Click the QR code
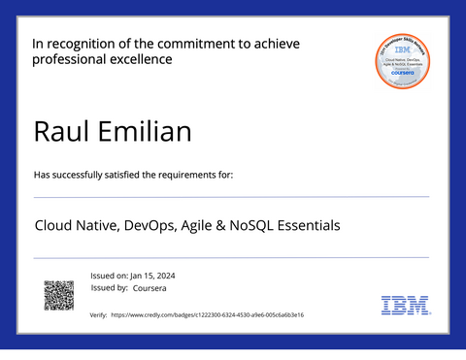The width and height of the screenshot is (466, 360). click(59, 295)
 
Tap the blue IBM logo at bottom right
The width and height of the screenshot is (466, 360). click(405, 306)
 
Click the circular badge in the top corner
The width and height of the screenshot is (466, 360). click(403, 61)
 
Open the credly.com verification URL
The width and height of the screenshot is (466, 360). click(207, 315)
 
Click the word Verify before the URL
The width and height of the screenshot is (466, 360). click(98, 315)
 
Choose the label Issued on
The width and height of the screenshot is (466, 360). click(107, 276)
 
